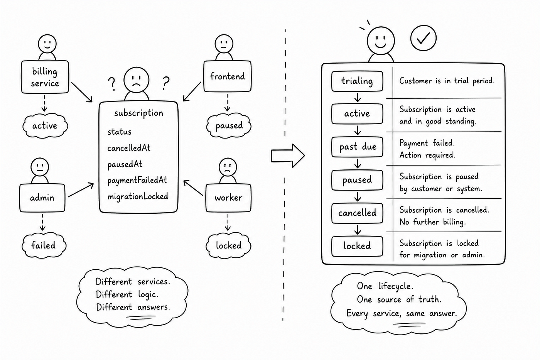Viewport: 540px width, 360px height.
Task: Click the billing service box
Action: click(45, 77)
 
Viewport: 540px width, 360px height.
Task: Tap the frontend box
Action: click(227, 76)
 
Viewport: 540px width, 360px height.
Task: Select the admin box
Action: click(42, 198)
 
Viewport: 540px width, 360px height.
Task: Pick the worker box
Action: click(228, 198)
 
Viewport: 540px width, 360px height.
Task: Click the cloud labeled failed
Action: click(44, 245)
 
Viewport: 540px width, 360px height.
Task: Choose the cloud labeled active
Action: click(45, 126)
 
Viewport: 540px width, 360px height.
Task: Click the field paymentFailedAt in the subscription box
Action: click(137, 180)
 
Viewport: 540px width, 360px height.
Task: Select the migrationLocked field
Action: click(138, 196)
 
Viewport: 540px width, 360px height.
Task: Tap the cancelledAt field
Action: click(129, 148)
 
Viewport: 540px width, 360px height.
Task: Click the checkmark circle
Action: click(424, 38)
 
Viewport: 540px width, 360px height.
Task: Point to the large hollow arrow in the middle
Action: click(288, 156)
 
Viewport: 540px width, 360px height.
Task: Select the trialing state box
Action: click(357, 81)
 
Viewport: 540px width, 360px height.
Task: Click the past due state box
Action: click(357, 147)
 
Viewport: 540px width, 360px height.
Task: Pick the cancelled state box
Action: click(357, 213)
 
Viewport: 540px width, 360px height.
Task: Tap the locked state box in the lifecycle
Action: click(357, 246)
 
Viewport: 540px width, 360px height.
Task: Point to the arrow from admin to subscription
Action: click(81, 190)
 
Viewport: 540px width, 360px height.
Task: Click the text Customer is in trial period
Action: click(447, 81)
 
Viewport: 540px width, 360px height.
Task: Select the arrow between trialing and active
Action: click(358, 97)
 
